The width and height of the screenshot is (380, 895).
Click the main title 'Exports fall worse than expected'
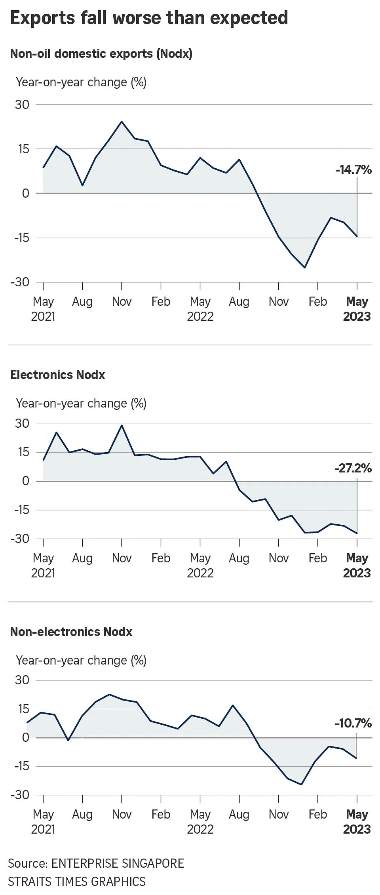[149, 18]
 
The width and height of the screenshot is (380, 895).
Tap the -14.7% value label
[353, 170]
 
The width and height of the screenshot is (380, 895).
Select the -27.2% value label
[353, 468]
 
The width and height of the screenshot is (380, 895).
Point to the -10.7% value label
[353, 724]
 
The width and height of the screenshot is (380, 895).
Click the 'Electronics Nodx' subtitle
[57, 375]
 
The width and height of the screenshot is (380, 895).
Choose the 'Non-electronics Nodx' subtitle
[71, 632]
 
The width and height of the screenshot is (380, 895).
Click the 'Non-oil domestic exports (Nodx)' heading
[101, 53]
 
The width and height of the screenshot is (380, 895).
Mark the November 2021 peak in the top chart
[122, 122]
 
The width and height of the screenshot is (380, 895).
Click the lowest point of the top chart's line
[305, 268]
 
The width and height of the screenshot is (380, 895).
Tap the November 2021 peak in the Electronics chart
[122, 425]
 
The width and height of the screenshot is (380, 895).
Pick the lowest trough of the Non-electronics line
[302, 785]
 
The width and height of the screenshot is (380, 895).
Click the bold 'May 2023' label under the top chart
[357, 309]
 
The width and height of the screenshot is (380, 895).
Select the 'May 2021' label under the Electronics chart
[43, 565]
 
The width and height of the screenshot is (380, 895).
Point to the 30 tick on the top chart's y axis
[22, 105]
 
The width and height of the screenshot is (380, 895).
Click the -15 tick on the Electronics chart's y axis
[22, 510]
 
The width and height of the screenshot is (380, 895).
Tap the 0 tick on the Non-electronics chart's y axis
[26, 737]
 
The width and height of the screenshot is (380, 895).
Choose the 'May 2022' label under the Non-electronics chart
[200, 822]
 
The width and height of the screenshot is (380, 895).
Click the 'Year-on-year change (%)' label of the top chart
[81, 82]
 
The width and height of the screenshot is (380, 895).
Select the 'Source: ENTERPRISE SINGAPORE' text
[96, 863]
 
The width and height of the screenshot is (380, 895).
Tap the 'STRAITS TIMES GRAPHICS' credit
[77, 882]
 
